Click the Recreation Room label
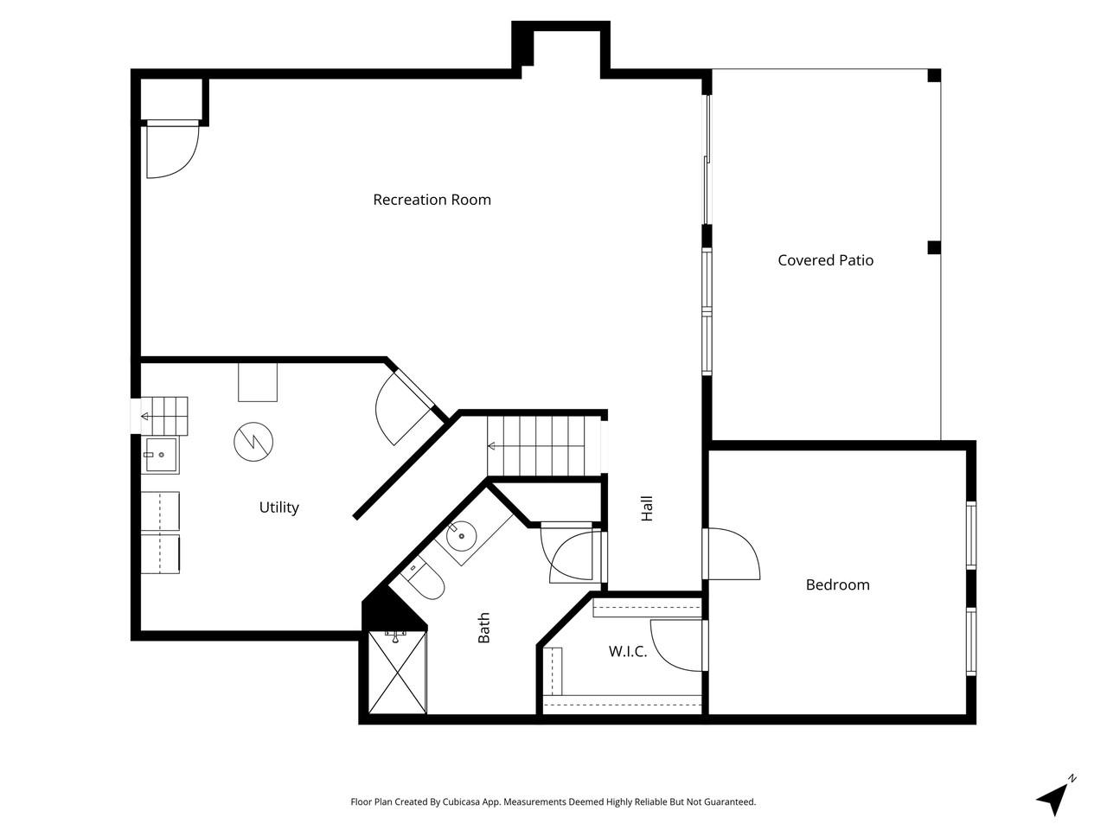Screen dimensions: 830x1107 pyautogui.click(x=432, y=200)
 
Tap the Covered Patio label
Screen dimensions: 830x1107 pyautogui.click(x=825, y=260)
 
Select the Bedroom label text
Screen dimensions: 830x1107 pyautogui.click(x=837, y=584)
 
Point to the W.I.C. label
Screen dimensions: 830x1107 pyautogui.click(x=627, y=652)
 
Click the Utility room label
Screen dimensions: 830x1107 pyautogui.click(x=278, y=508)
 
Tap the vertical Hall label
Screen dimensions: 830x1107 pyautogui.click(x=647, y=508)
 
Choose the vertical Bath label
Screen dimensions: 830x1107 pyautogui.click(x=484, y=628)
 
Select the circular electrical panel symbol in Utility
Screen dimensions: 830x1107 pyautogui.click(x=253, y=441)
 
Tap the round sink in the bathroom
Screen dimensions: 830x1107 pyautogui.click(x=462, y=537)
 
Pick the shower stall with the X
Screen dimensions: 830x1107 pyautogui.click(x=397, y=674)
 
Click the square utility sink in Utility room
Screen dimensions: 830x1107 pyautogui.click(x=160, y=456)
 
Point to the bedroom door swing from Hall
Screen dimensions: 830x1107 pyautogui.click(x=732, y=554)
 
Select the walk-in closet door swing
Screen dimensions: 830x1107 pyautogui.click(x=677, y=645)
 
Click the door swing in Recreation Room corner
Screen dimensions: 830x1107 pyautogui.click(x=171, y=150)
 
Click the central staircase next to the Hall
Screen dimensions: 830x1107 pyautogui.click(x=543, y=445)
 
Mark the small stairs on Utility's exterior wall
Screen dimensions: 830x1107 pyautogui.click(x=164, y=417)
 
